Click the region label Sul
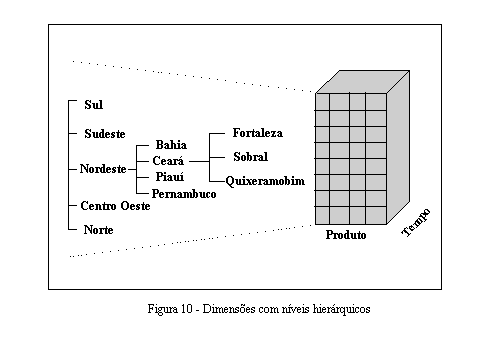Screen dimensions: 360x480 click(93, 104)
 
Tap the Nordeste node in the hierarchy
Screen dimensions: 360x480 click(103, 169)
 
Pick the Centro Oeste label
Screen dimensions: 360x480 click(115, 206)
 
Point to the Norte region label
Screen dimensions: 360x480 click(98, 230)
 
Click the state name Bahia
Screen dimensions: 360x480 click(171, 145)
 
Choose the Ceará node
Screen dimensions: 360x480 click(166, 161)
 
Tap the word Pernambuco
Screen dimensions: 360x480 click(184, 192)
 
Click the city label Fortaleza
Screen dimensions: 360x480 click(257, 132)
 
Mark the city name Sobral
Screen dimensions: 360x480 click(250, 157)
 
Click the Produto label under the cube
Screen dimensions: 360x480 click(346, 236)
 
